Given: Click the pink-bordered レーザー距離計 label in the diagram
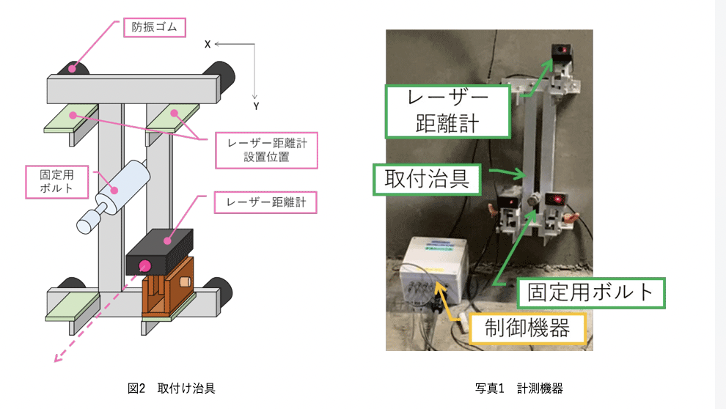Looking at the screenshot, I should click(x=265, y=202).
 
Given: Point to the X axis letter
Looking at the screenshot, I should click(x=208, y=45).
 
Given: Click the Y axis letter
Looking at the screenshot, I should click(x=256, y=106).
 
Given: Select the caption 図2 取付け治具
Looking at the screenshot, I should click(x=172, y=388).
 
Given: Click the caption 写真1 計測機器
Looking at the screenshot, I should click(x=518, y=388).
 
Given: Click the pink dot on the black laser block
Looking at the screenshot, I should click(x=145, y=266).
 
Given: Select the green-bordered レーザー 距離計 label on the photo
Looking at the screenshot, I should click(x=447, y=111).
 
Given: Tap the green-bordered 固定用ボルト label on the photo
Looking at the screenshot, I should click(x=590, y=292).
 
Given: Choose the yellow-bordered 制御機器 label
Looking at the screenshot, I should click(x=527, y=328).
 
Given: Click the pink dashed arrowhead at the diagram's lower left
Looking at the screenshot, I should click(x=56, y=358).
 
